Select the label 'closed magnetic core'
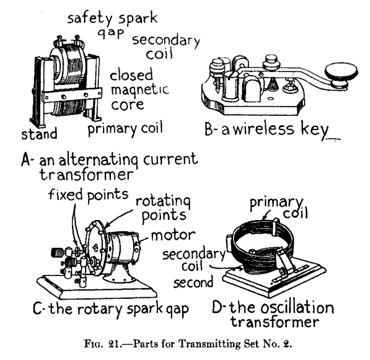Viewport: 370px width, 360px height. (x=136, y=90)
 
